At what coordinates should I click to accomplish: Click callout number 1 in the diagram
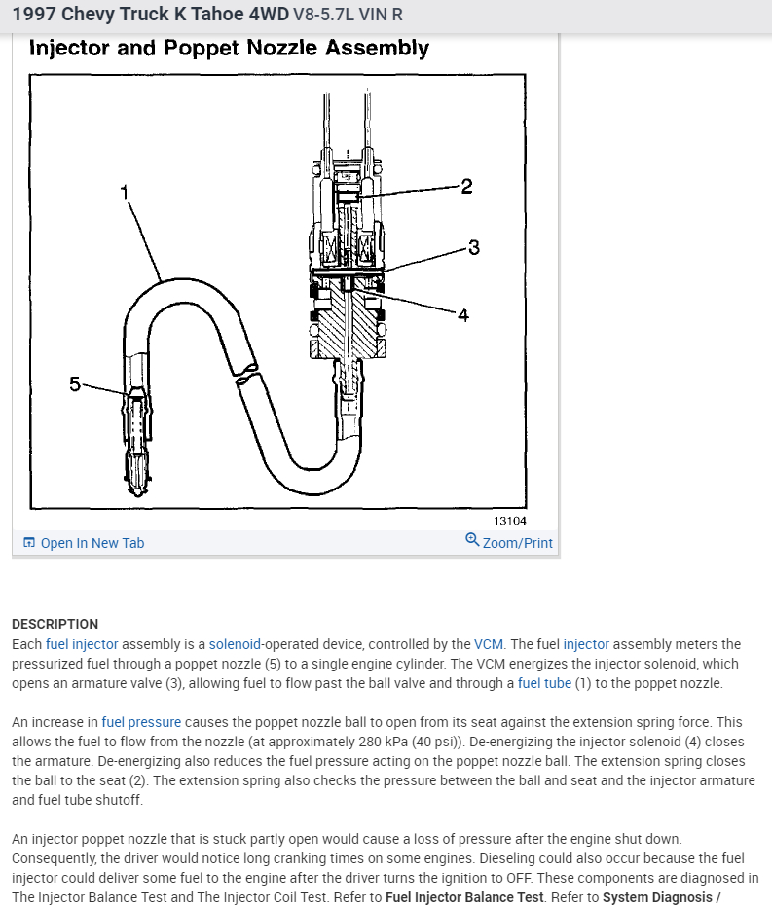[x=124, y=192]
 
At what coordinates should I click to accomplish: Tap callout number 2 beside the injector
[x=466, y=186]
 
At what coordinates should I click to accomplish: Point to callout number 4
[x=463, y=314]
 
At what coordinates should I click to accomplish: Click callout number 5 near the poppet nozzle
[x=75, y=383]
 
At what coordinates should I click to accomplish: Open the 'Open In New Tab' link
[x=92, y=543]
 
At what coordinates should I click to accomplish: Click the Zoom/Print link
[x=517, y=543]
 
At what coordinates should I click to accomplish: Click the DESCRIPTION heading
[x=55, y=624]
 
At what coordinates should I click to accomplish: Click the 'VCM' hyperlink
[x=488, y=644]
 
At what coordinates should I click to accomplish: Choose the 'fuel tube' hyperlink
[x=544, y=683]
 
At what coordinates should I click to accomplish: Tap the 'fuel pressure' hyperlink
[x=141, y=722]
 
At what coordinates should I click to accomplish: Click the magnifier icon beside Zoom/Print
[x=472, y=540]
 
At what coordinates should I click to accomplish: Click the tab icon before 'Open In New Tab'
[x=29, y=543]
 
